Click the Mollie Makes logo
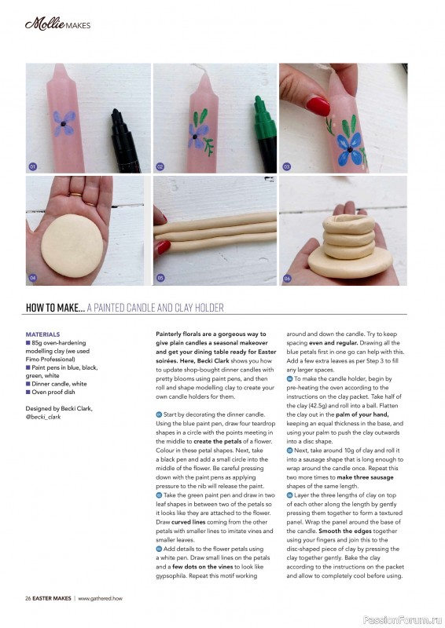point(57,24)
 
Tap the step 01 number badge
point(33,166)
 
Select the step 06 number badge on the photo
point(287,278)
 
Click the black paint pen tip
point(116,111)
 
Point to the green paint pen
point(265,132)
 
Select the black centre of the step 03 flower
point(350,149)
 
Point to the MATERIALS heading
point(42,334)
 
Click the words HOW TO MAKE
point(55,308)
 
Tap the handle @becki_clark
point(43,417)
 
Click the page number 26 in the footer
point(28,598)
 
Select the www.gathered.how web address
point(100,598)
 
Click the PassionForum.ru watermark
point(403,620)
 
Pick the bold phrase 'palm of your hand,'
point(362,414)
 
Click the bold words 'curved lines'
point(188,522)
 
